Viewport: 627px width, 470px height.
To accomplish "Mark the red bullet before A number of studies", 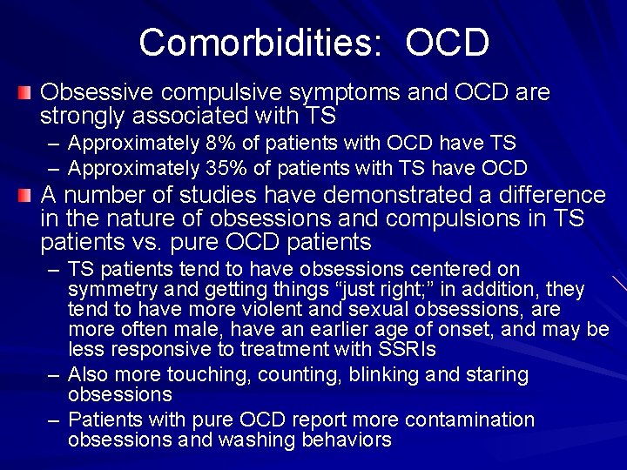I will [27, 194].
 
